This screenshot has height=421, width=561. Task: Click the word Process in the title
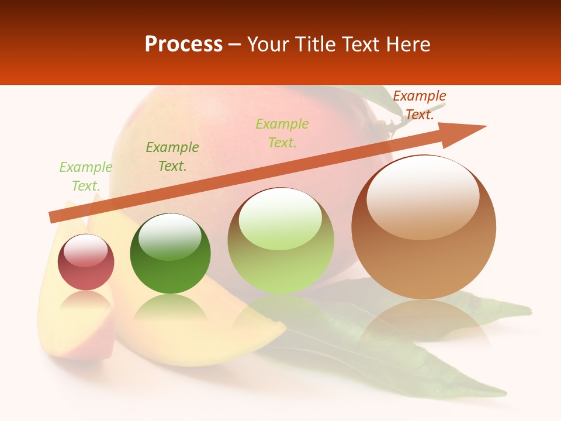[x=183, y=44]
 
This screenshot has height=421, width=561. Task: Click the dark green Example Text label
[x=172, y=157]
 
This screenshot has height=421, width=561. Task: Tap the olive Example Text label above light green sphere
[x=282, y=133]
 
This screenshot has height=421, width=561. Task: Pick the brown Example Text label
[x=419, y=105]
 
